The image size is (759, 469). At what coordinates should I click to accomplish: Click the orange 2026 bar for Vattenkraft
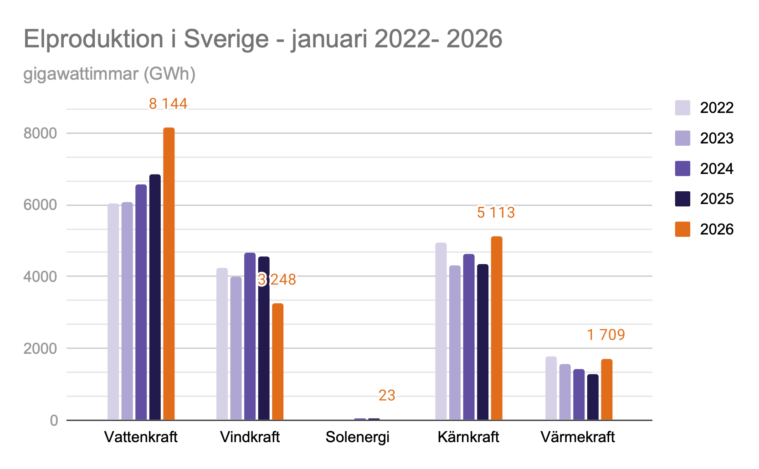169,274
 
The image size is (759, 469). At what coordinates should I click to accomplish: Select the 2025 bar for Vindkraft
264,338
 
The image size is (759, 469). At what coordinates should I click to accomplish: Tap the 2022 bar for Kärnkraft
441,331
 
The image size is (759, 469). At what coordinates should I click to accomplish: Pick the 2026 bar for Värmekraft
606,389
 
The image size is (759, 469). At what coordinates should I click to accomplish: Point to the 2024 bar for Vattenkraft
141,302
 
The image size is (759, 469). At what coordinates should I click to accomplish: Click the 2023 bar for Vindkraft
236,348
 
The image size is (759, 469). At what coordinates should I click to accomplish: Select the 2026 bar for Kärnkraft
497,328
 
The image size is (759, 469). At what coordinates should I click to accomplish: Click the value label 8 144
168,104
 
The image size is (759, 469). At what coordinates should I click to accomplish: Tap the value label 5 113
496,213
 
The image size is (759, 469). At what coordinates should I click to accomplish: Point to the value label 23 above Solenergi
387,395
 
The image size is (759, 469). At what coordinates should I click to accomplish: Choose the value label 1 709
605,335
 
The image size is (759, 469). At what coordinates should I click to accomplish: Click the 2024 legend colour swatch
682,168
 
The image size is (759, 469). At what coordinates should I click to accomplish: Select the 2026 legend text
717,229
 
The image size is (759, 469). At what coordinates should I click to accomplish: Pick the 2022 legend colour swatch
682,107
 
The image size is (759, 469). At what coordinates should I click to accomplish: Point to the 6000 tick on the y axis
40,205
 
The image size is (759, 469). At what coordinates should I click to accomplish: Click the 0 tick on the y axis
54,421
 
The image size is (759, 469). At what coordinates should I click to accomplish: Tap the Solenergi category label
358,437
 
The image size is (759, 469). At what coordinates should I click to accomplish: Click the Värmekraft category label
577,437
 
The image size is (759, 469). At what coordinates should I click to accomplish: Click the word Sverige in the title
226,39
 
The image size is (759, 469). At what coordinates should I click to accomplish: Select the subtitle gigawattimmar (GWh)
109,74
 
